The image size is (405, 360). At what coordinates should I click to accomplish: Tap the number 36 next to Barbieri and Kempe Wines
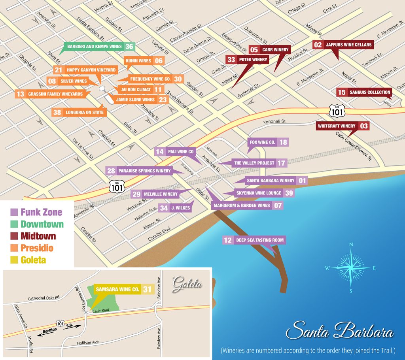click(129, 47)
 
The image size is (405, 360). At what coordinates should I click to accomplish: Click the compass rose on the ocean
click(351, 268)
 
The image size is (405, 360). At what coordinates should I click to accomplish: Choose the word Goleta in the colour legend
click(33, 260)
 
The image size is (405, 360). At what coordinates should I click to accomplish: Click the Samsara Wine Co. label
click(117, 289)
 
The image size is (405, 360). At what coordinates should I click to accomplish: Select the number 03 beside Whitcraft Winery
click(364, 126)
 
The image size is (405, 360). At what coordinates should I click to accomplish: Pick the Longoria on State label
click(84, 112)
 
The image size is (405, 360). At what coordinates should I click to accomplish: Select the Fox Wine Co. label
click(262, 142)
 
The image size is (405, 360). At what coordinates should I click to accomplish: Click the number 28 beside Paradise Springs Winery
click(111, 171)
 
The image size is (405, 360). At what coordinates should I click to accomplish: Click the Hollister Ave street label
click(102, 343)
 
